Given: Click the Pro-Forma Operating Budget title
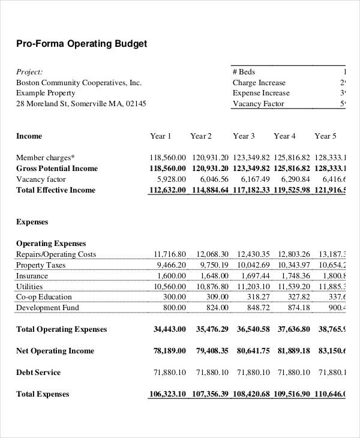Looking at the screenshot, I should click(81, 44).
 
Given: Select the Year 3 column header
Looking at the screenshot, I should click(244, 136).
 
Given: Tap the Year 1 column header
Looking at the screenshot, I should click(161, 136).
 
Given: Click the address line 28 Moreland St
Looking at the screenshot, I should click(81, 104).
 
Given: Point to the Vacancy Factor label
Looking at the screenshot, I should click(259, 104).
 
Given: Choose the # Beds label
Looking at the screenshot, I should click(244, 71).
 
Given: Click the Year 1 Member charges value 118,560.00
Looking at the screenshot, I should click(167, 158).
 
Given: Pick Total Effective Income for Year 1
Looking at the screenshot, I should click(167, 190).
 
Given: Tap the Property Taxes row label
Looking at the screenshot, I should click(40, 265).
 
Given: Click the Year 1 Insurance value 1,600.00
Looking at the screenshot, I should click(172, 276).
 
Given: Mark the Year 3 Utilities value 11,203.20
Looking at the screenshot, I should click(253, 287).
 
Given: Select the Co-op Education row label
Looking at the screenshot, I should click(44, 297).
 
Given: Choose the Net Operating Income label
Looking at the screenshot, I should click(55, 351).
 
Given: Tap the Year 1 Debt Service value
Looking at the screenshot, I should click(170, 373).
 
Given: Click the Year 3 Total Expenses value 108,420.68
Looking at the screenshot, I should click(251, 394).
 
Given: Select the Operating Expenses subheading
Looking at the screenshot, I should click(51, 244).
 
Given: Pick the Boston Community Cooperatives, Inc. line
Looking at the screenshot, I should click(79, 82).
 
